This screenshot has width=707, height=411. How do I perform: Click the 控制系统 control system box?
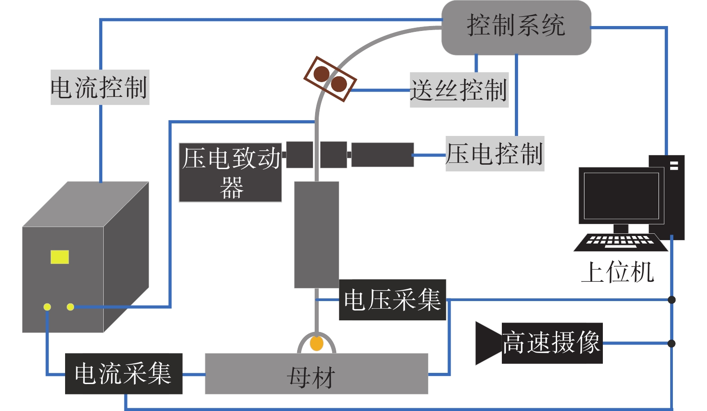point(516,27)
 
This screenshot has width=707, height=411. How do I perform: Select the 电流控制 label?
point(100,87)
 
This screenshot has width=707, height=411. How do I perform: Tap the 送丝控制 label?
point(459,90)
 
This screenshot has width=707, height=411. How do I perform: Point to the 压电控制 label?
point(495,154)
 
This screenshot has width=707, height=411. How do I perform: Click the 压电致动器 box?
point(230,173)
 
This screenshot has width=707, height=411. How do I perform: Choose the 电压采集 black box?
point(392,300)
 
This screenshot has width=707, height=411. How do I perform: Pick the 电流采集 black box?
point(123,374)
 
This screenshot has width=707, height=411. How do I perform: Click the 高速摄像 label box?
point(552,343)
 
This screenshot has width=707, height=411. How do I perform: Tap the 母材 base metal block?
point(316,374)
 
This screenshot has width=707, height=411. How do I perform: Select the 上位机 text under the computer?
point(618,272)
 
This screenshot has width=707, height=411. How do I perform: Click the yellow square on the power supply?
point(60,257)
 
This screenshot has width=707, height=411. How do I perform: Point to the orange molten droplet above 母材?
point(316,344)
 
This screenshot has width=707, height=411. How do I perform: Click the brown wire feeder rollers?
point(330,79)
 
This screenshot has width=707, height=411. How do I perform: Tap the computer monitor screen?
point(621,196)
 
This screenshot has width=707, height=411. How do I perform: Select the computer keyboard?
point(620,242)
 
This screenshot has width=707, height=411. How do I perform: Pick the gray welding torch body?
point(316,234)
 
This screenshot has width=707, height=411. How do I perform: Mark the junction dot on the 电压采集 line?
point(672,300)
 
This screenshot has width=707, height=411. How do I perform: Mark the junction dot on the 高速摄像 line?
point(672,343)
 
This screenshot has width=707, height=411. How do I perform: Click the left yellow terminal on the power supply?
point(47,307)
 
